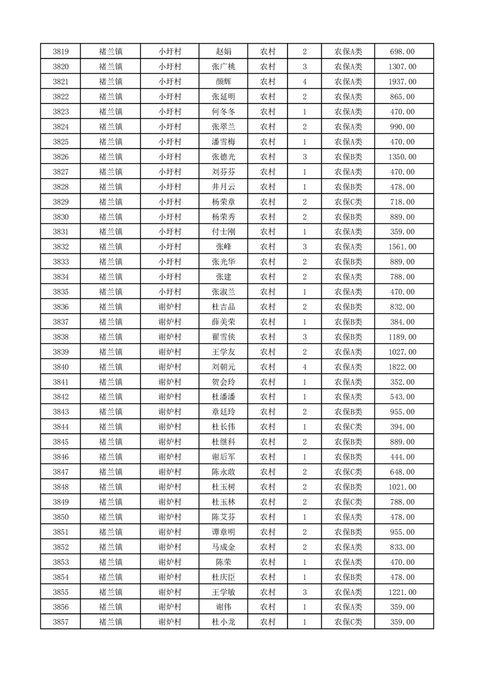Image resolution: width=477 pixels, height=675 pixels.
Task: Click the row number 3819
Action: [x=61, y=52]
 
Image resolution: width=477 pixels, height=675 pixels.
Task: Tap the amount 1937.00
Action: [x=402, y=82]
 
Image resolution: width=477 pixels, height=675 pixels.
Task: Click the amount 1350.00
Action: [x=402, y=157]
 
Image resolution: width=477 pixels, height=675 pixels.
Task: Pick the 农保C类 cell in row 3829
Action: [x=348, y=202]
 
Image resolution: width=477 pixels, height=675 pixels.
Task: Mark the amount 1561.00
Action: [x=402, y=247]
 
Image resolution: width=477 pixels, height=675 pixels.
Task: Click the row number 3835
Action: [x=61, y=292]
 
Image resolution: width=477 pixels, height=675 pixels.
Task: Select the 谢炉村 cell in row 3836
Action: [x=170, y=307]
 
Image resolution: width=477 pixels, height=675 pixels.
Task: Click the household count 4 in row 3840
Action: [x=305, y=367]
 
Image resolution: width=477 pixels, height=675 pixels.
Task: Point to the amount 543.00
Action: [x=402, y=397]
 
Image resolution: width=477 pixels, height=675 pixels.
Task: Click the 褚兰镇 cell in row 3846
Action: [x=111, y=457]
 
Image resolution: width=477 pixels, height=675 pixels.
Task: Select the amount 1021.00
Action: [x=402, y=487]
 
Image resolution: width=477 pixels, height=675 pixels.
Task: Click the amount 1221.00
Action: [x=402, y=592]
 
